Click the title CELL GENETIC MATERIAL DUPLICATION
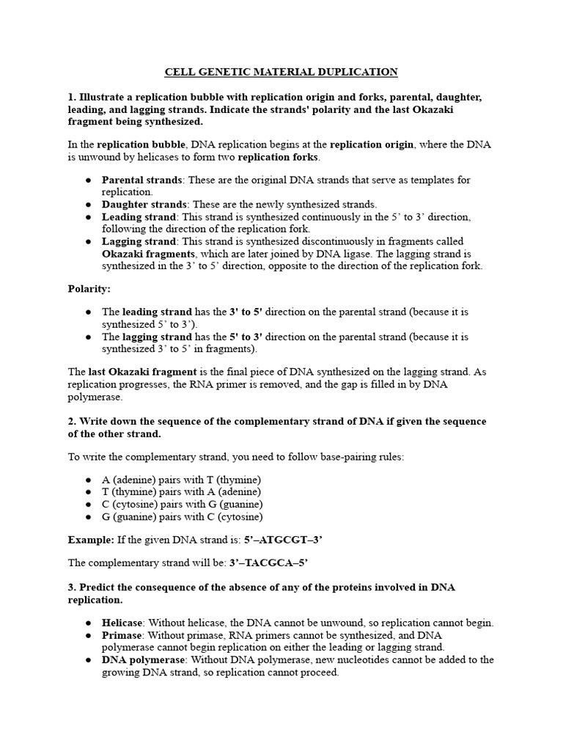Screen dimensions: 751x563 [281, 72]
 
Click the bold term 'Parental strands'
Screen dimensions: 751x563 [141, 180]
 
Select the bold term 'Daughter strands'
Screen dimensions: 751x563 [144, 205]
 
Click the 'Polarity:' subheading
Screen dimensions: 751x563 [89, 290]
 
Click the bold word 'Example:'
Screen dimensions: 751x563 [91, 540]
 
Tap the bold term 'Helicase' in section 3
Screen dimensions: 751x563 [122, 623]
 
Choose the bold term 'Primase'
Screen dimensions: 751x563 [121, 635]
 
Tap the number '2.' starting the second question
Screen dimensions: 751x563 [73, 422]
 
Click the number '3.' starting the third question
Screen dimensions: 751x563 [73, 587]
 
